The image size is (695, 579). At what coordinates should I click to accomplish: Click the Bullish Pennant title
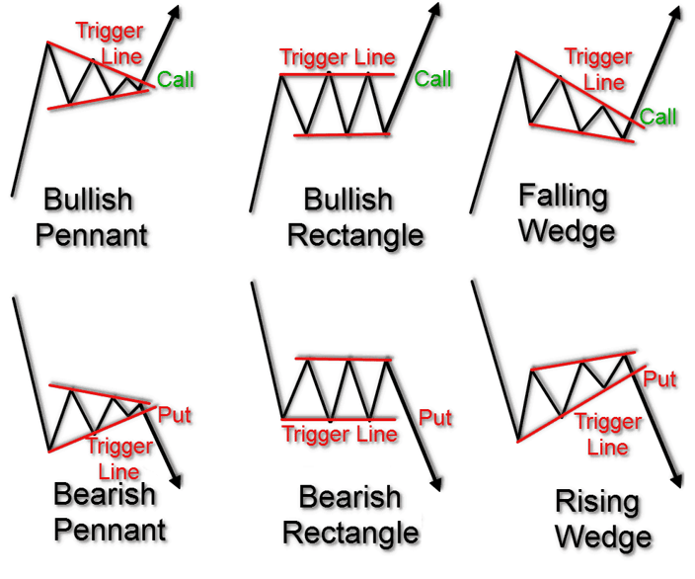(x=95, y=217)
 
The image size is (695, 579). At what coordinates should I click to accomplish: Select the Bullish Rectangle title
(x=363, y=217)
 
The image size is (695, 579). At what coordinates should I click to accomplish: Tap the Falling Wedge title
(x=566, y=212)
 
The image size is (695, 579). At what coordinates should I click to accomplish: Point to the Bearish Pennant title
(x=109, y=511)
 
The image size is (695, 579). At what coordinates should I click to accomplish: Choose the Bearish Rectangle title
(x=349, y=515)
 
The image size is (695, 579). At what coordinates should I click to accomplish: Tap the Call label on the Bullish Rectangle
(x=433, y=78)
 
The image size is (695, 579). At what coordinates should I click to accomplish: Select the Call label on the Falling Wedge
(x=658, y=117)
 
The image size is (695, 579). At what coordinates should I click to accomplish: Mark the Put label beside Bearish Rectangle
(x=435, y=417)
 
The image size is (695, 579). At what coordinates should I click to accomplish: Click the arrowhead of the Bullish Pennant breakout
(x=177, y=13)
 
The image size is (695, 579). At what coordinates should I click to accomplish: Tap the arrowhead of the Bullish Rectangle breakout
(x=435, y=13)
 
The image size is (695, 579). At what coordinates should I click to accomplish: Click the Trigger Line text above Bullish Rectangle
(x=337, y=57)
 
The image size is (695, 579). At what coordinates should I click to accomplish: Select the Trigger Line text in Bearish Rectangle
(x=340, y=434)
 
